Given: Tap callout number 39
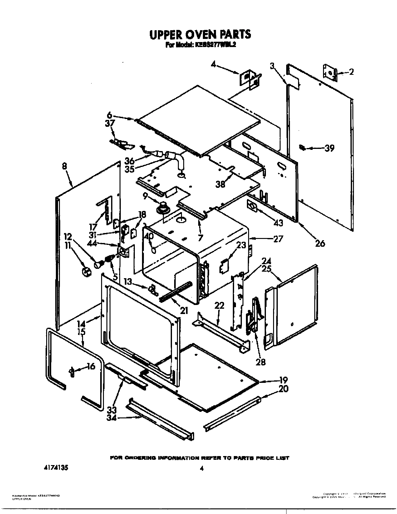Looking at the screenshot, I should (329, 148).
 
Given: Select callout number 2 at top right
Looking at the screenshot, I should (351, 72).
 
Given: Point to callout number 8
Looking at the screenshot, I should (65, 167).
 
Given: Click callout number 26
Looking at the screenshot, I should (320, 243).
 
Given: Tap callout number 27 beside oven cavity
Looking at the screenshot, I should (278, 239).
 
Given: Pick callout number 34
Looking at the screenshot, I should (111, 418).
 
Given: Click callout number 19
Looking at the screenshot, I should (283, 380).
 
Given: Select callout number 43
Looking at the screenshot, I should (278, 223).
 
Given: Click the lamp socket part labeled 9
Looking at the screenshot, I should (163, 207).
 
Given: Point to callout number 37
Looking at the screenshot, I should (110, 124).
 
